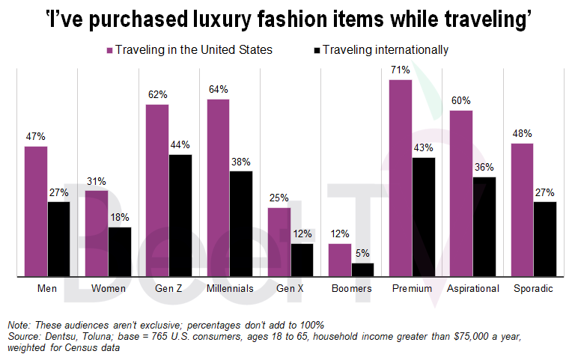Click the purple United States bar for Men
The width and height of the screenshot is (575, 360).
pos(36,212)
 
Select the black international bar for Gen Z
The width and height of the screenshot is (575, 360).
pos(180,216)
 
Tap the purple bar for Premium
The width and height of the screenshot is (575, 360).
pos(401,178)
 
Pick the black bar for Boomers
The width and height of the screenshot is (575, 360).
pos(362,270)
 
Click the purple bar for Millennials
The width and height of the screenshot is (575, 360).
pos(218,188)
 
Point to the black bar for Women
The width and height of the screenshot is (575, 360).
pos(120,252)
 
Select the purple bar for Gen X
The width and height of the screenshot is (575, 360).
pos(279,242)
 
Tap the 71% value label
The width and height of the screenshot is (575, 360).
pos(400,70)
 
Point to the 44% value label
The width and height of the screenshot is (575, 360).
pos(180,145)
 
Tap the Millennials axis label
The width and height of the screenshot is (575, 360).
pos(230,288)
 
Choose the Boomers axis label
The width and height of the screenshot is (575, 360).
pos(351,288)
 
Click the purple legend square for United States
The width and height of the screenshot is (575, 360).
pos(109,50)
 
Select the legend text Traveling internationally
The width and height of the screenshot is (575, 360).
pos(386,50)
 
